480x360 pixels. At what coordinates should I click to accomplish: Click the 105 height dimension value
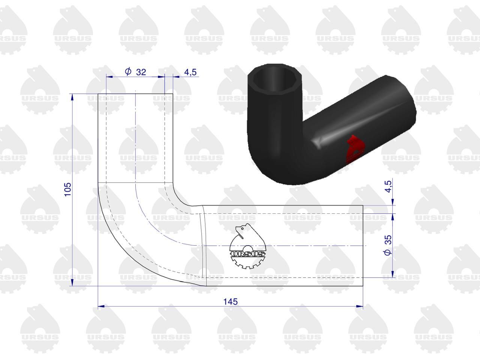click(68, 189)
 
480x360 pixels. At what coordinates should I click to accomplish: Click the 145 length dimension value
click(230, 302)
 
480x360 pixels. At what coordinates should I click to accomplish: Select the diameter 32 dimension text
click(135, 72)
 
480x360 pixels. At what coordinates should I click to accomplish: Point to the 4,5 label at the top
click(190, 72)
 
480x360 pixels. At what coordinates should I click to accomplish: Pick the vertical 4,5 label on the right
click(388, 186)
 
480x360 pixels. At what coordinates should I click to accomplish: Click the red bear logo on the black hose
click(355, 148)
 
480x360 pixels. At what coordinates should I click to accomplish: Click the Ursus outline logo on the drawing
click(247, 246)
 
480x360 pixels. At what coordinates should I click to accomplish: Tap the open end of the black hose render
click(275, 80)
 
